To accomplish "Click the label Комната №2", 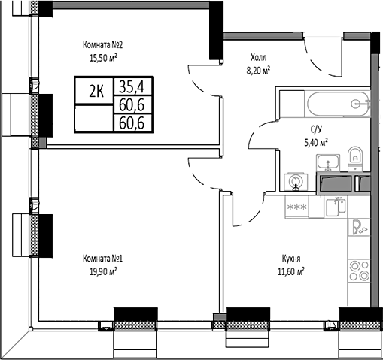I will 102,44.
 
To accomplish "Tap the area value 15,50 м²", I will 102,56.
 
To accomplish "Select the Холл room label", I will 258,57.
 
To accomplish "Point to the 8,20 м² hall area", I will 258,68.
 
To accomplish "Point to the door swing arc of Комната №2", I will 197,81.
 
